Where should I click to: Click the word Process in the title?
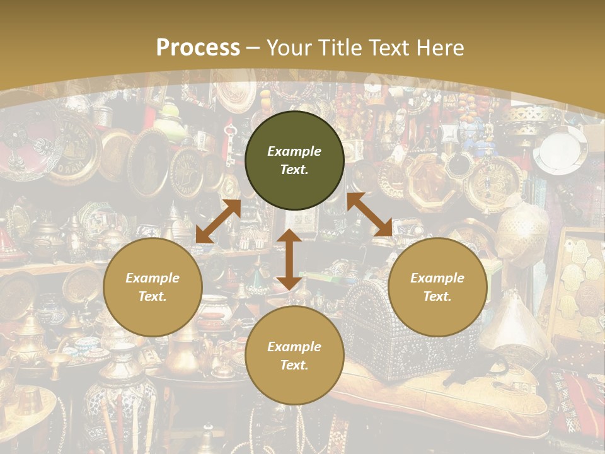(x=198, y=48)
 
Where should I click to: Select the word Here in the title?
(x=439, y=48)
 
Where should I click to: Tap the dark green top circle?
(x=294, y=160)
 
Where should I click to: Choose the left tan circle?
(x=153, y=287)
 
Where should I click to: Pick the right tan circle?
(x=437, y=287)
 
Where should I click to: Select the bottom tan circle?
(x=294, y=356)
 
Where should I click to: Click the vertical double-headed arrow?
(x=289, y=259)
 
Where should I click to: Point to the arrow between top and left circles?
(x=218, y=221)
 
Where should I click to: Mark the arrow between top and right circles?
(x=370, y=214)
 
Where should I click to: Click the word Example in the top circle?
(x=294, y=151)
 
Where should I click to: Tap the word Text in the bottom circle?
(x=294, y=365)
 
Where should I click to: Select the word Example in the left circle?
(x=153, y=278)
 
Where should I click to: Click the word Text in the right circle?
(x=437, y=296)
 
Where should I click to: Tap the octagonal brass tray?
(x=429, y=180)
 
